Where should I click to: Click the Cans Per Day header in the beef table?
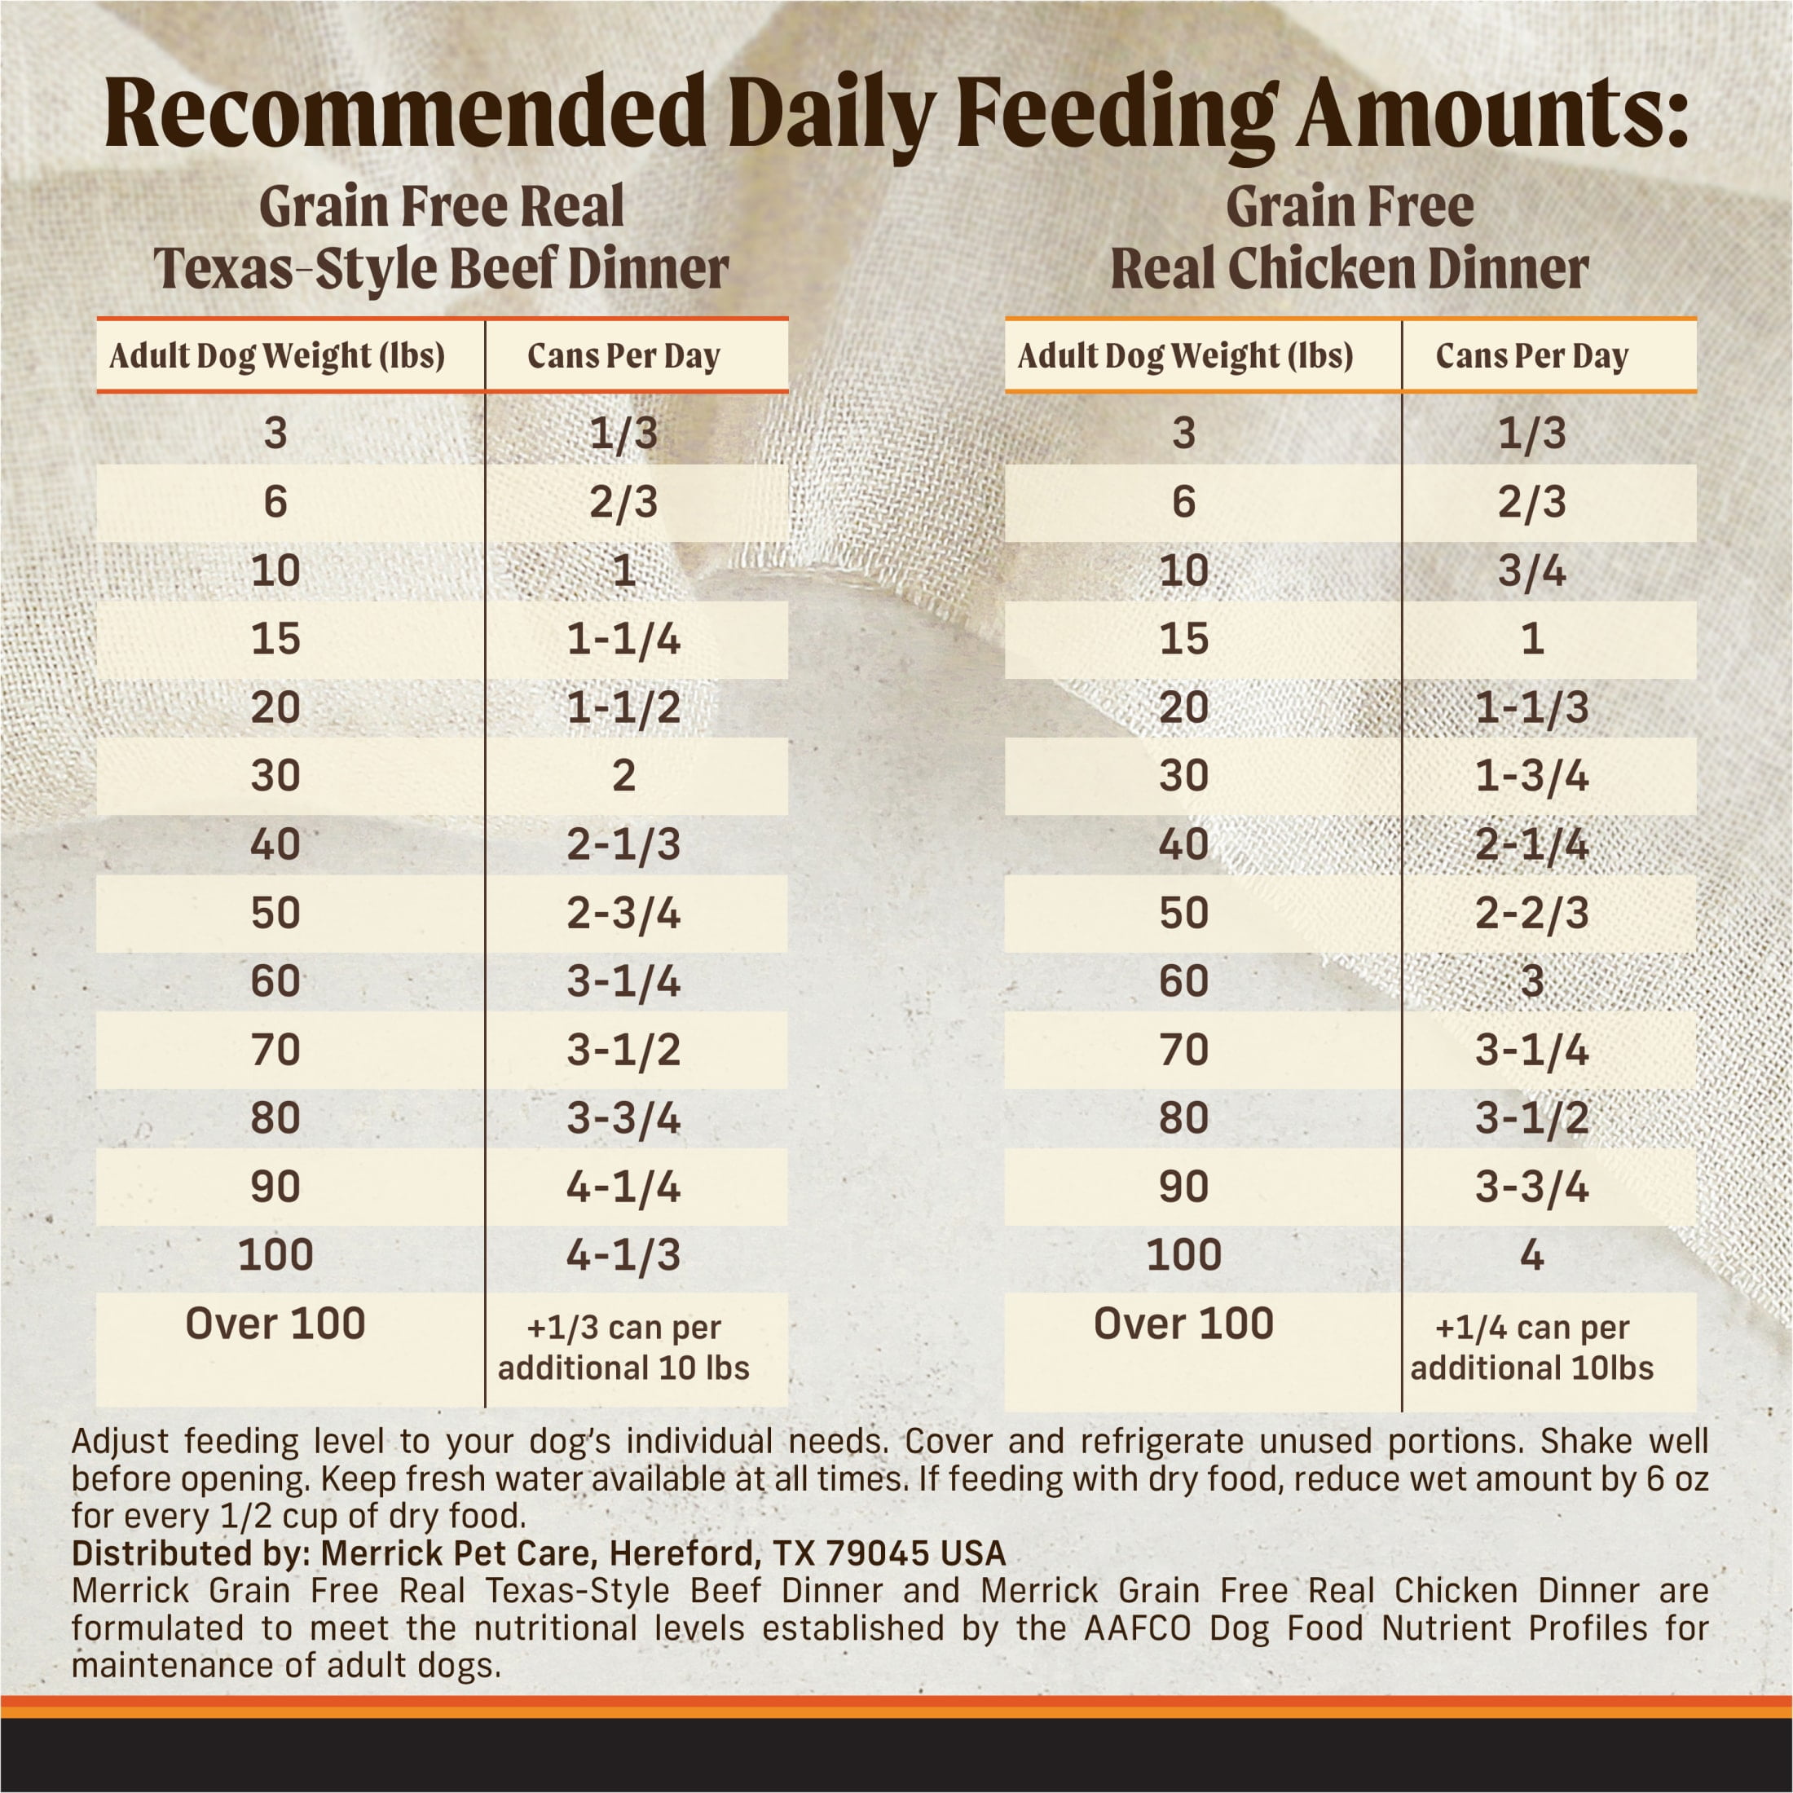click(623, 355)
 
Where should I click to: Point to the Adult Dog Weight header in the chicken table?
click(1185, 355)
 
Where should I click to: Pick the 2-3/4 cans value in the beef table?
click(623, 913)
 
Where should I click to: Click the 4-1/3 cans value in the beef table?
click(623, 1255)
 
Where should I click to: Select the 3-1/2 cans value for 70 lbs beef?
click(623, 1050)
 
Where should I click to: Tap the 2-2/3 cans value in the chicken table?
click(1531, 913)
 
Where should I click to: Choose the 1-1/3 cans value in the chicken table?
click(1531, 708)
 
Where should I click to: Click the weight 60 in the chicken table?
click(1183, 981)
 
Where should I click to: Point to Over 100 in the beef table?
click(275, 1324)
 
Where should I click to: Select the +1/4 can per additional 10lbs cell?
click(1531, 1347)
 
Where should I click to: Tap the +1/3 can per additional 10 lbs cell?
click(623, 1347)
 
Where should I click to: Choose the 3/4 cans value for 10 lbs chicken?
click(1531, 570)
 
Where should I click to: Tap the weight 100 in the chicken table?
click(1183, 1255)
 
